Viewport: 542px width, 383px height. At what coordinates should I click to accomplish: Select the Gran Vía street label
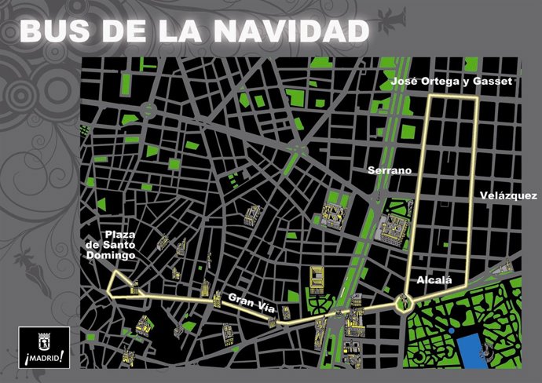[250, 298]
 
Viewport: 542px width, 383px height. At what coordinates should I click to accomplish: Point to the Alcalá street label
[430, 279]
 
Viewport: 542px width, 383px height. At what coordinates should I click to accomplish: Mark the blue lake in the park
[473, 344]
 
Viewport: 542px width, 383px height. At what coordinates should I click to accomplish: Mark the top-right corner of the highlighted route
[476, 97]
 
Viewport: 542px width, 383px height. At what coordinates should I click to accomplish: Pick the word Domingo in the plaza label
[113, 256]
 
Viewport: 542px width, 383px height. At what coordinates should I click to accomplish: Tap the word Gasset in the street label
[494, 81]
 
